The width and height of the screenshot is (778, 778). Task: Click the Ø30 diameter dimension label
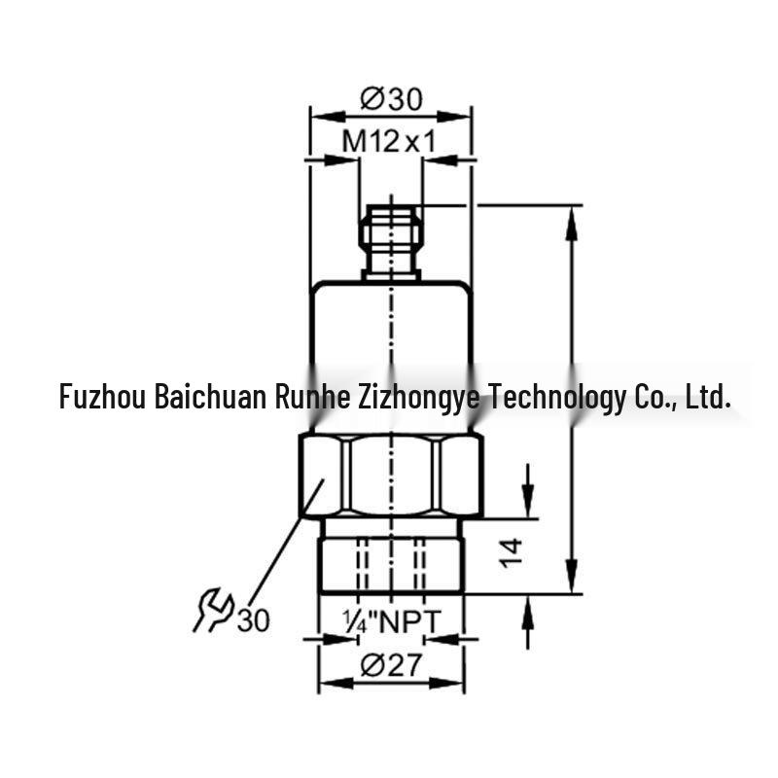pyautogui.click(x=391, y=98)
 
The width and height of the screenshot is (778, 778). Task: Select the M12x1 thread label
pyautogui.click(x=389, y=141)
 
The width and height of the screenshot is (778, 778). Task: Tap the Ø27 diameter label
pyautogui.click(x=391, y=664)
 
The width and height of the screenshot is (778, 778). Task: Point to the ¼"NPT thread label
pyautogui.click(x=391, y=621)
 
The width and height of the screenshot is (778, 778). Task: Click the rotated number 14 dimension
pyautogui.click(x=512, y=552)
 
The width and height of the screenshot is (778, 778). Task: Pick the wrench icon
pyautogui.click(x=213, y=611)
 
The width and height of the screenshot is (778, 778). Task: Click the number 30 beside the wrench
pyautogui.click(x=254, y=619)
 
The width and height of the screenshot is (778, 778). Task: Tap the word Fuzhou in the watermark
pyautogui.click(x=102, y=397)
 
